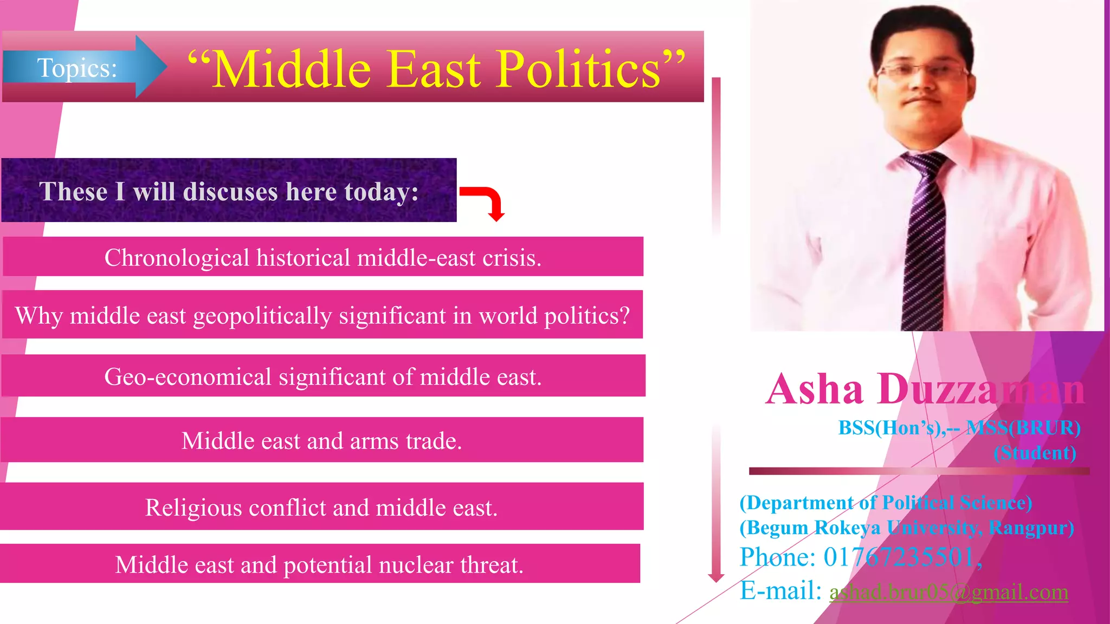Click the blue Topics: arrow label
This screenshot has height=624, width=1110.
[77, 68]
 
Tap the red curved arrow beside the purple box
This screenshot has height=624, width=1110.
[486, 201]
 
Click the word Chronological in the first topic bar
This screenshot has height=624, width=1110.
[177, 258]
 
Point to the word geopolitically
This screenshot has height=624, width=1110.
[262, 316]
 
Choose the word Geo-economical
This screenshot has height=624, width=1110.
[188, 377]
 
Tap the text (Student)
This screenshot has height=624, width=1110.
[1035, 453]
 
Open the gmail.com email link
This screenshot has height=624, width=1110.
[948, 591]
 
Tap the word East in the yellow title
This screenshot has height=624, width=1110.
[434, 69]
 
